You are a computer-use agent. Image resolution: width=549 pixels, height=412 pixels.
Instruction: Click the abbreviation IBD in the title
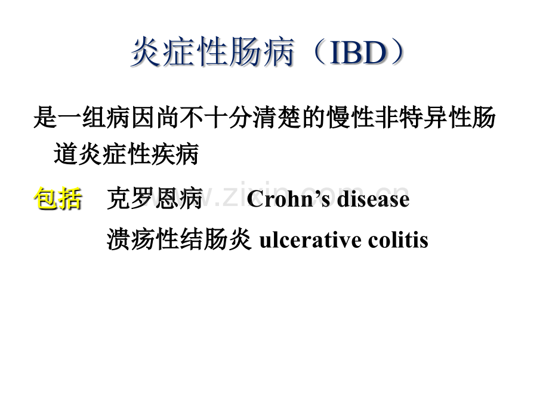click(357, 54)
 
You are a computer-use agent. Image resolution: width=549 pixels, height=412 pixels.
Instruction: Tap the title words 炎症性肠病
click(212, 54)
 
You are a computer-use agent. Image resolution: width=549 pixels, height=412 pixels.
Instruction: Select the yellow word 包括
click(58, 199)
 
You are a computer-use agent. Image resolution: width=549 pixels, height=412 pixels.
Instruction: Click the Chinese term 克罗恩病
click(155, 199)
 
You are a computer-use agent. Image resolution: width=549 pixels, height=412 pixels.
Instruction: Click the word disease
click(373, 199)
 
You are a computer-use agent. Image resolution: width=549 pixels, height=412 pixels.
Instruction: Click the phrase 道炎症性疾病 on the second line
click(125, 155)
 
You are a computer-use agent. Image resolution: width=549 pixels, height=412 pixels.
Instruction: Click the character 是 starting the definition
click(44, 118)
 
